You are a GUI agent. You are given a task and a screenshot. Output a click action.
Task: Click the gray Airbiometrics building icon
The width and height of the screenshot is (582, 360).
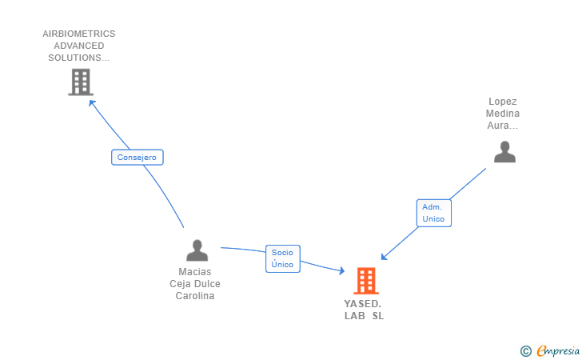pos(80,82)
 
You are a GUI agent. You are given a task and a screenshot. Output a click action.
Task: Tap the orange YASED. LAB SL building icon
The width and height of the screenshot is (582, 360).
pos(365,280)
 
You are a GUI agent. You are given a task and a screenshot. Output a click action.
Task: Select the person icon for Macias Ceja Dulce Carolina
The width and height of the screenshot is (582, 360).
pos(197,250)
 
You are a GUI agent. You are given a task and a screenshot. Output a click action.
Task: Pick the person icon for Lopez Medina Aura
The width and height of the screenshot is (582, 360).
pos(504,151)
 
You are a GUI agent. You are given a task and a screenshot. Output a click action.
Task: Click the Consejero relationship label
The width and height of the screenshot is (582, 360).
pos(137,157)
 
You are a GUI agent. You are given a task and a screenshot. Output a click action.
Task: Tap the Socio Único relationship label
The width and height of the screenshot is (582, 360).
pos(282,258)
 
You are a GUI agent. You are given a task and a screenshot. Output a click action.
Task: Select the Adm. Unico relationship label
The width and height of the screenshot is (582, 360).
pos(433,213)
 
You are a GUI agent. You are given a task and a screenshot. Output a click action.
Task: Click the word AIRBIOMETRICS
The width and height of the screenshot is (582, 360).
pos(79,34)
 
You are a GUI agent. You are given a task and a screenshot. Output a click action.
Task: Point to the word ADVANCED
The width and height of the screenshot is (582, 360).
pos(79,46)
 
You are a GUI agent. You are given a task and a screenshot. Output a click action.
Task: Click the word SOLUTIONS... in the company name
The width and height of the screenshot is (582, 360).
pos(79,58)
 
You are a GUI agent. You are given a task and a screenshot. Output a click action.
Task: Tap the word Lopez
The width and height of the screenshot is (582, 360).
pos(503,102)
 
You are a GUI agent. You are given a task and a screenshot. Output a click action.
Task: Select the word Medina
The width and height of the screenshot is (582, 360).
pos(503,114)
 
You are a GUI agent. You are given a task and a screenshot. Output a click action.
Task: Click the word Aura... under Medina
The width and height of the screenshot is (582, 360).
pos(503,126)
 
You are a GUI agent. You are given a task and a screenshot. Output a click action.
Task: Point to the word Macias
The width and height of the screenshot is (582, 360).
pos(195,272)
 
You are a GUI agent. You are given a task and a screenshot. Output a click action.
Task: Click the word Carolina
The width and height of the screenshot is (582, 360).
pos(195,296)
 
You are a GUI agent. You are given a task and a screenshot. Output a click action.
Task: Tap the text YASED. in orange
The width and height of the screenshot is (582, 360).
pos(363,304)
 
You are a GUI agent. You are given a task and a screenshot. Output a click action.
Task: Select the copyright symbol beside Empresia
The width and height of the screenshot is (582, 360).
pos(525,350)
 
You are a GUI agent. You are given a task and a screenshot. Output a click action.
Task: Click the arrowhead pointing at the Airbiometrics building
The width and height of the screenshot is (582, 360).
pos(91,102)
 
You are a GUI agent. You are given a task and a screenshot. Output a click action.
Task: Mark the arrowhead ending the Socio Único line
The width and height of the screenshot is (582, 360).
pos(342,272)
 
